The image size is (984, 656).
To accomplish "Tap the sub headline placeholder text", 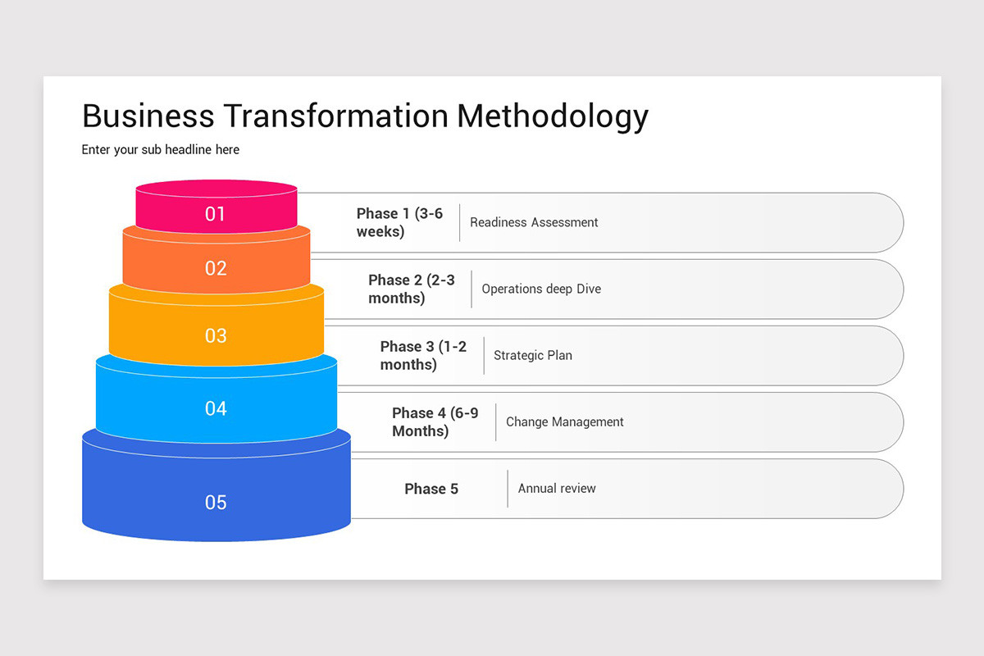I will [x=161, y=150].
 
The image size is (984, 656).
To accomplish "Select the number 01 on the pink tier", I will [x=216, y=215].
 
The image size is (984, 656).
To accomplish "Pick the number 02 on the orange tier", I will [x=216, y=268].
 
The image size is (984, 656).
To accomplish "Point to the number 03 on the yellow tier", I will [x=216, y=335].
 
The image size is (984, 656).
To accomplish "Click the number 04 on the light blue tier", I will [x=216, y=408].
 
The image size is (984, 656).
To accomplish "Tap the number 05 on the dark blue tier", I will [x=216, y=503].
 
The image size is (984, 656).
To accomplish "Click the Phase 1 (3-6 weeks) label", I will [x=399, y=222].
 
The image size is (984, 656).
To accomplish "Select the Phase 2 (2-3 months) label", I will [x=411, y=289].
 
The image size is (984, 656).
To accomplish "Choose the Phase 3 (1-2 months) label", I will [x=423, y=356].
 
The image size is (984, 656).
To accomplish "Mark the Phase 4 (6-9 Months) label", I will [x=435, y=422].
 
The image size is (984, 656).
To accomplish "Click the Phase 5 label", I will [x=431, y=489].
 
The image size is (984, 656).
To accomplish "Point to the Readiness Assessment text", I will [x=534, y=222].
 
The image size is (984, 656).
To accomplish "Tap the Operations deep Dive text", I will [x=541, y=289].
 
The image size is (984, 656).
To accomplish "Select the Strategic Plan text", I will [x=533, y=356].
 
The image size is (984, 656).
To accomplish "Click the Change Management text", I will [x=564, y=422].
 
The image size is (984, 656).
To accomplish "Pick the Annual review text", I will [x=557, y=489].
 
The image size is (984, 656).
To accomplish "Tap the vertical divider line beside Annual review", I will [x=508, y=489].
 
